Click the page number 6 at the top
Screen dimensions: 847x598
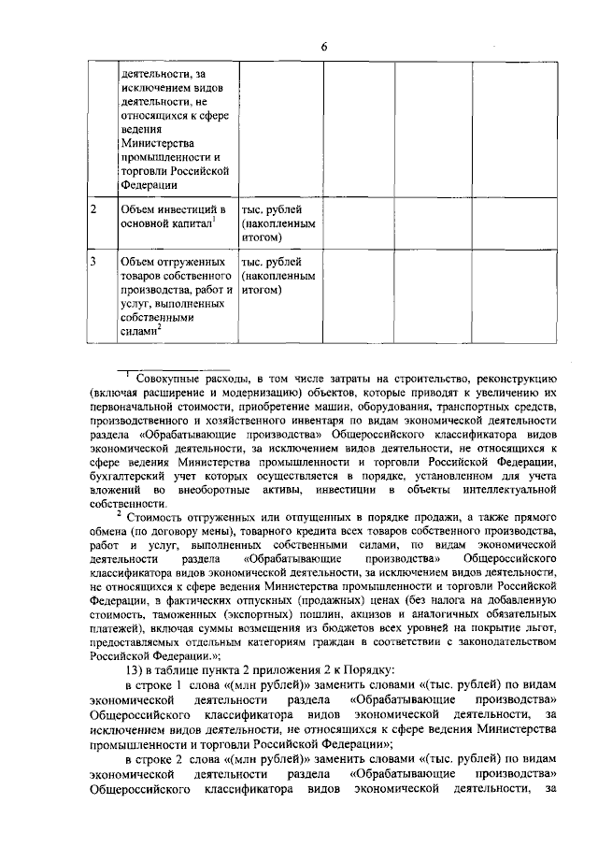(323, 47)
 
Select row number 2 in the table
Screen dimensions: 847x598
(93, 208)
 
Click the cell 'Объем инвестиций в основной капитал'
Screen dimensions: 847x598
(173, 216)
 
